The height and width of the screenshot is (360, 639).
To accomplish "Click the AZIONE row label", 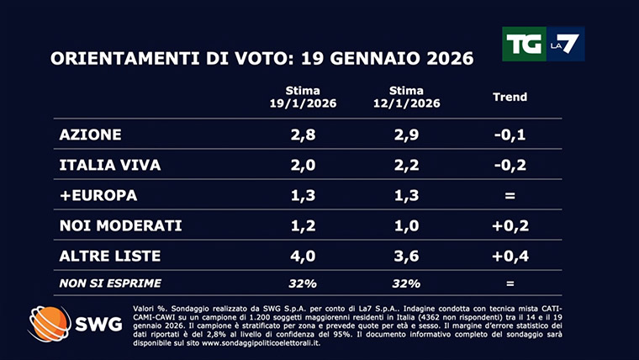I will pos(91,135).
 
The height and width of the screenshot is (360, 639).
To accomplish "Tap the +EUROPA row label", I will pos(98,195).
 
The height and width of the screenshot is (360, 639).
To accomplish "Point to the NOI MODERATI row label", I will pos(120,225).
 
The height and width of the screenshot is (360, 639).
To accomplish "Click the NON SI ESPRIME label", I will pos(110,283).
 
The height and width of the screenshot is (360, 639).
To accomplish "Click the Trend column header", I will pos(510,97).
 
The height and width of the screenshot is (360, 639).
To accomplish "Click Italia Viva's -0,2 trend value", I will pos(510,165).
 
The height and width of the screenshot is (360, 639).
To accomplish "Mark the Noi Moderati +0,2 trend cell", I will pos(510,225).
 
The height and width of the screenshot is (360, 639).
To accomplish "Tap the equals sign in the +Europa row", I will pos(510,195).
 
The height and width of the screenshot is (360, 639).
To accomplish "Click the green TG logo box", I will pos(523,44).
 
